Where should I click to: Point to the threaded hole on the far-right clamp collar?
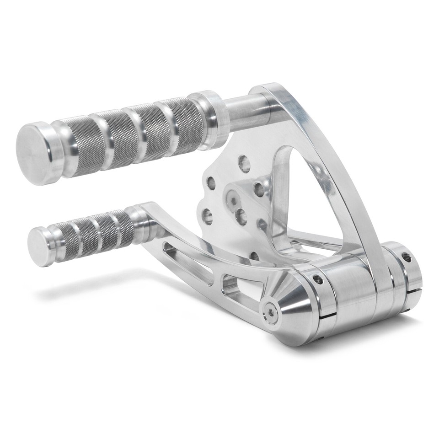[x=406, y=257]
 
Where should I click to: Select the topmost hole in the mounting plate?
[x=244, y=163]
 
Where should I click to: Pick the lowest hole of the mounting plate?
[x=255, y=256]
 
